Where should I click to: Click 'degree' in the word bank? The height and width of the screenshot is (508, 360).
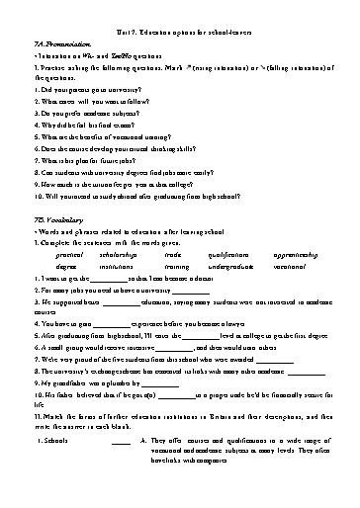tap(67, 266)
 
